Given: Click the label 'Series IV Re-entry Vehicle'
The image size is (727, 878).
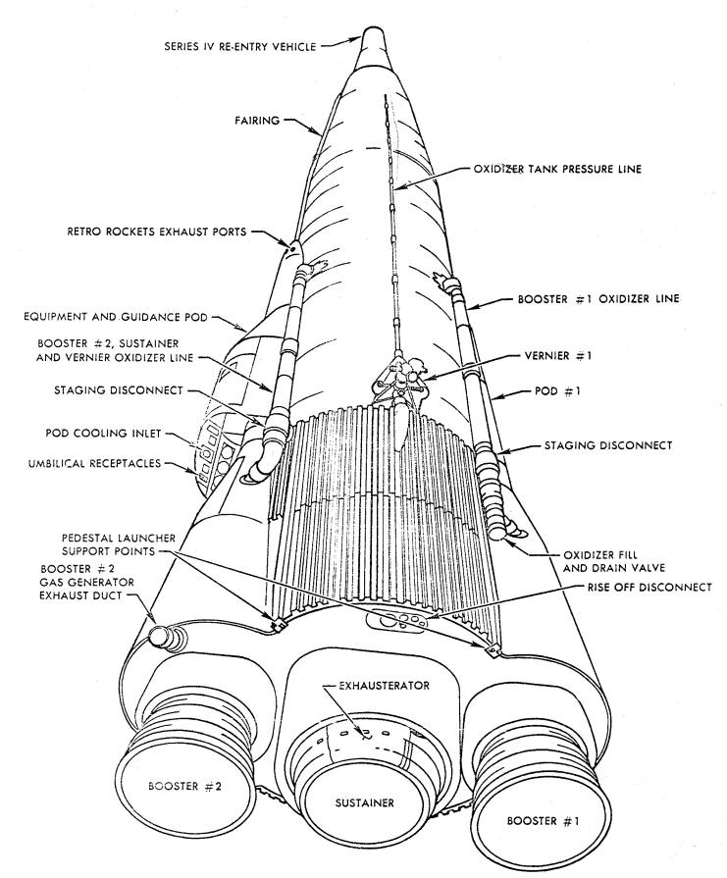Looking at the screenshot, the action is [240, 46].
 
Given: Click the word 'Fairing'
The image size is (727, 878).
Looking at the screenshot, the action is [256, 120].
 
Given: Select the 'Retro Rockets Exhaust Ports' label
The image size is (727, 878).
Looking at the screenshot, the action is [157, 232].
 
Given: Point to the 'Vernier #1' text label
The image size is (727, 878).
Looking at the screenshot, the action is [558, 355].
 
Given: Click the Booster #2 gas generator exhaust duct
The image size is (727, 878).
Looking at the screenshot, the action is [166, 637].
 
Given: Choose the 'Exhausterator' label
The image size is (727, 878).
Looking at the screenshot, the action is [385, 686].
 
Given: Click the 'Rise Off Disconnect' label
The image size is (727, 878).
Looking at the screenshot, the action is [649, 588].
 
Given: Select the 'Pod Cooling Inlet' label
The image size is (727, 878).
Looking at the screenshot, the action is [103, 433].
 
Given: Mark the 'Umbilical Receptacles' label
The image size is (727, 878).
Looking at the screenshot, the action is [94, 464].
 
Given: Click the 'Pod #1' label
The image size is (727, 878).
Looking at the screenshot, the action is [557, 390].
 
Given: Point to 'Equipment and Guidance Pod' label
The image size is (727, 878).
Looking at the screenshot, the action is [116, 317].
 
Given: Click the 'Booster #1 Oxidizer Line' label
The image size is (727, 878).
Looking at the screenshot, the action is [598, 299].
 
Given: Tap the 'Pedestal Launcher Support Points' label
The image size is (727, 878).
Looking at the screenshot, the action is [119, 544].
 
